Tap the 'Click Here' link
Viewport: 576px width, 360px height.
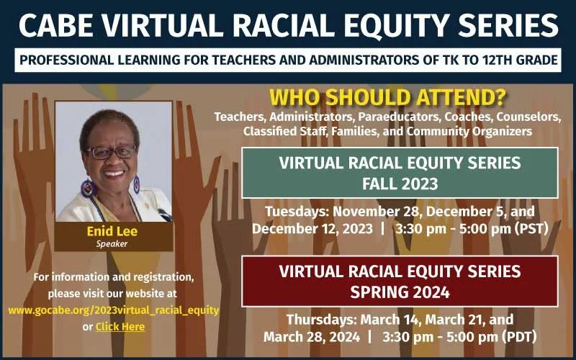[x=120, y=327]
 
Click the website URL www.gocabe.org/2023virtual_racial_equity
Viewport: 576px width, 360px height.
[x=114, y=310]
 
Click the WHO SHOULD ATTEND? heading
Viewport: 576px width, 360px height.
[x=387, y=98]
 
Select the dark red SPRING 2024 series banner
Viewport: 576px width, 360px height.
[x=400, y=282]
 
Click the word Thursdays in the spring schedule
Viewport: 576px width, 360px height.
[x=318, y=319]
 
